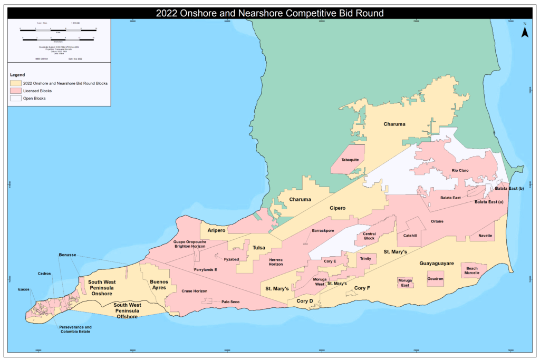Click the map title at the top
(269, 13)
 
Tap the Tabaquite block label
(350, 160)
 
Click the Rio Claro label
(460, 170)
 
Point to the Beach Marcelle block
(472, 270)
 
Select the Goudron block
(435, 278)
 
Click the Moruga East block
(405, 283)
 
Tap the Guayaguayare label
(437, 262)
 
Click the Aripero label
(216, 231)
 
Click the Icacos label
(23, 289)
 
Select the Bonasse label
(67, 255)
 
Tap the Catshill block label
(410, 236)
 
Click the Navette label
(485, 236)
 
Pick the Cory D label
(304, 300)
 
